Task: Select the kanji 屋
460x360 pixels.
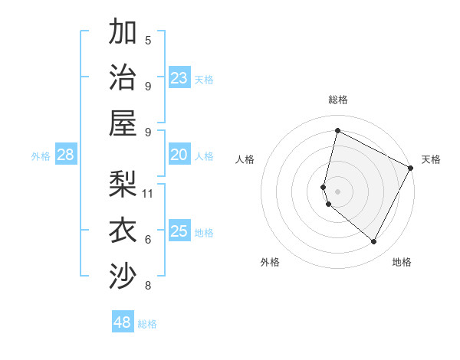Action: coord(123,123)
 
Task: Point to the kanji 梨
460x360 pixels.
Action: coord(123,184)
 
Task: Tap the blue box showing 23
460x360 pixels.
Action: coord(179,78)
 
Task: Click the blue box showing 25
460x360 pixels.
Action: coord(179,231)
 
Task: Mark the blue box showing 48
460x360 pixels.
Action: coord(123,322)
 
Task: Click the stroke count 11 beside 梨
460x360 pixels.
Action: coord(149,193)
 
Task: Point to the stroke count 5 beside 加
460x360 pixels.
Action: coord(148,40)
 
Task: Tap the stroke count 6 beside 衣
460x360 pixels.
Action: coord(148,239)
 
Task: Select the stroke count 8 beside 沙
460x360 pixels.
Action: coord(148,286)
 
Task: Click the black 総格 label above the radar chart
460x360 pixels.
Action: coord(338,100)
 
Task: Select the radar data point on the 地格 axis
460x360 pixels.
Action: coord(373,242)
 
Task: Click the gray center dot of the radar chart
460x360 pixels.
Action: coord(338,191)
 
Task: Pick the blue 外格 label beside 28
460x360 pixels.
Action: coord(41,156)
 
